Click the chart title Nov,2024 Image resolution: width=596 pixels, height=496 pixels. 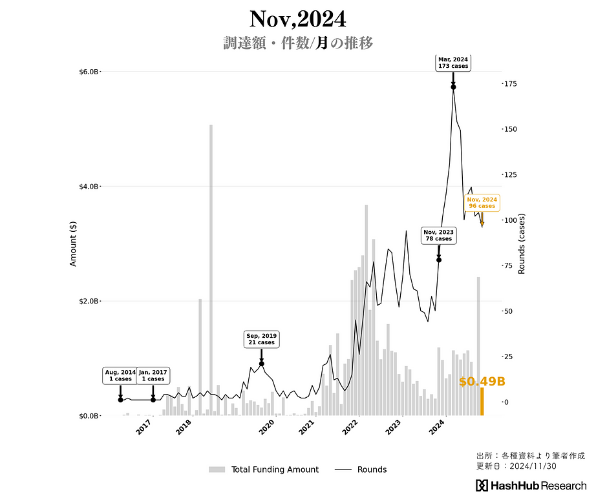pyautogui.click(x=297, y=19)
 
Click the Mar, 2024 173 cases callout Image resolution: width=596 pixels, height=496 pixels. pyautogui.click(x=452, y=63)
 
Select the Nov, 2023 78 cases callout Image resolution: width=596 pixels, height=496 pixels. pyautogui.click(x=438, y=235)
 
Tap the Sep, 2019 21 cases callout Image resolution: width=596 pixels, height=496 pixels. pyautogui.click(x=261, y=339)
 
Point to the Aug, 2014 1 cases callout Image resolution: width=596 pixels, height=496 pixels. pyautogui.click(x=120, y=376)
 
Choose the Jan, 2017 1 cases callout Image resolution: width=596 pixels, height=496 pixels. pyautogui.click(x=153, y=376)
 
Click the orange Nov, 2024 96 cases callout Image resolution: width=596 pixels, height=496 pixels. pyautogui.click(x=482, y=203)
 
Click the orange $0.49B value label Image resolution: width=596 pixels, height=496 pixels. pyautogui.click(x=482, y=382)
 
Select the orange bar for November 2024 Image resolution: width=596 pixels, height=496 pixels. pyautogui.click(x=482, y=402)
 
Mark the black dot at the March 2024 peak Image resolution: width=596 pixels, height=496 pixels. pyautogui.click(x=453, y=87)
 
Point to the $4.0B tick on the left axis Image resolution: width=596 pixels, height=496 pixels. pyautogui.click(x=89, y=187)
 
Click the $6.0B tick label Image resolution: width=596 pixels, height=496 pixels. pyautogui.click(x=89, y=72)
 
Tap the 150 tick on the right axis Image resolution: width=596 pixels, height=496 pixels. pyautogui.click(x=512, y=129)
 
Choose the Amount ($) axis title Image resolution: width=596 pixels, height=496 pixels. pyautogui.click(x=73, y=243)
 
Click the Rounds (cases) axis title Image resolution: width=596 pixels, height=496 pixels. pyautogui.click(x=522, y=243)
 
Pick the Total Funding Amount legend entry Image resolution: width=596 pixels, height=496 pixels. pyautogui.click(x=264, y=470)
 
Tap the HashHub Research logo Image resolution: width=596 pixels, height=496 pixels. pyautogui.click(x=531, y=486)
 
